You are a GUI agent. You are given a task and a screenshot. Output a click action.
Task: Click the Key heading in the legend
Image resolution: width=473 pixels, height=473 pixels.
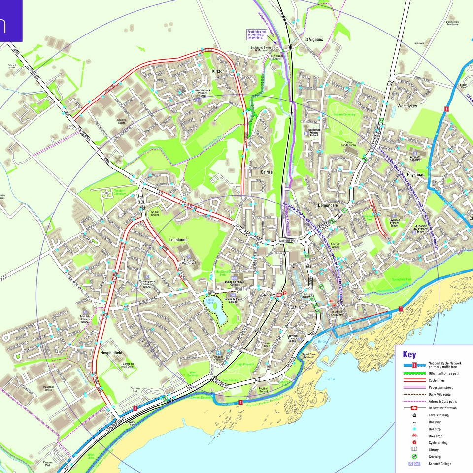coord(409,354)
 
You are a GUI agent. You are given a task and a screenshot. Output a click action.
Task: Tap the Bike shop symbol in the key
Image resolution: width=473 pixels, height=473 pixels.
coord(414,436)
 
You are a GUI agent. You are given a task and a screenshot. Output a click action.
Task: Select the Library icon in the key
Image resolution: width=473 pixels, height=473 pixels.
coord(414,449)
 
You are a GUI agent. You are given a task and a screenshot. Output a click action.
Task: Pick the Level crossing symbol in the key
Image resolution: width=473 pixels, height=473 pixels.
coord(414,415)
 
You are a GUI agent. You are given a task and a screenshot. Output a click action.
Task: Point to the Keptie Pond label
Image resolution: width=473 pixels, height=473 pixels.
coord(210,302)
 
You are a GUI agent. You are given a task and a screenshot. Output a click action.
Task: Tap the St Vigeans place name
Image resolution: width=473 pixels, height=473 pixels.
coord(314,39)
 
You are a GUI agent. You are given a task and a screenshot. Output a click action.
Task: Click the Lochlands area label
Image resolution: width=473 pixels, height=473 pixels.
coord(178,240)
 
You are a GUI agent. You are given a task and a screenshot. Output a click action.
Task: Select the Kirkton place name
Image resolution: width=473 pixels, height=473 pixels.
coord(218,72)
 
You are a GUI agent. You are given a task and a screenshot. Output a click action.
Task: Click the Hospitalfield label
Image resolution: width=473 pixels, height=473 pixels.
coord(110,353)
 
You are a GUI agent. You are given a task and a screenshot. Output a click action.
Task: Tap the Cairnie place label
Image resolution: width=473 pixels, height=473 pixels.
coord(267,172)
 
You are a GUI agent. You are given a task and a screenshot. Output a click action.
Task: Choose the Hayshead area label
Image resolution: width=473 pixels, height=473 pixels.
coord(416,175)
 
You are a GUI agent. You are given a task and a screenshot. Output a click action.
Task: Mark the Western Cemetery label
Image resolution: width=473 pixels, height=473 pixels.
coord(120,192)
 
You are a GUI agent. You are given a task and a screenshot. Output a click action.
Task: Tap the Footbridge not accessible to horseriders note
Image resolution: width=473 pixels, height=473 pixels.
coord(256,34)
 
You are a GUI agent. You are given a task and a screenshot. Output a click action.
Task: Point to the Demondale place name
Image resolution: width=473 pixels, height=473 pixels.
coord(328,205)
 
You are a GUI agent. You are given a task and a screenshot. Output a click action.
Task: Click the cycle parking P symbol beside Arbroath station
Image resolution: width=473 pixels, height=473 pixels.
coord(284,292)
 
